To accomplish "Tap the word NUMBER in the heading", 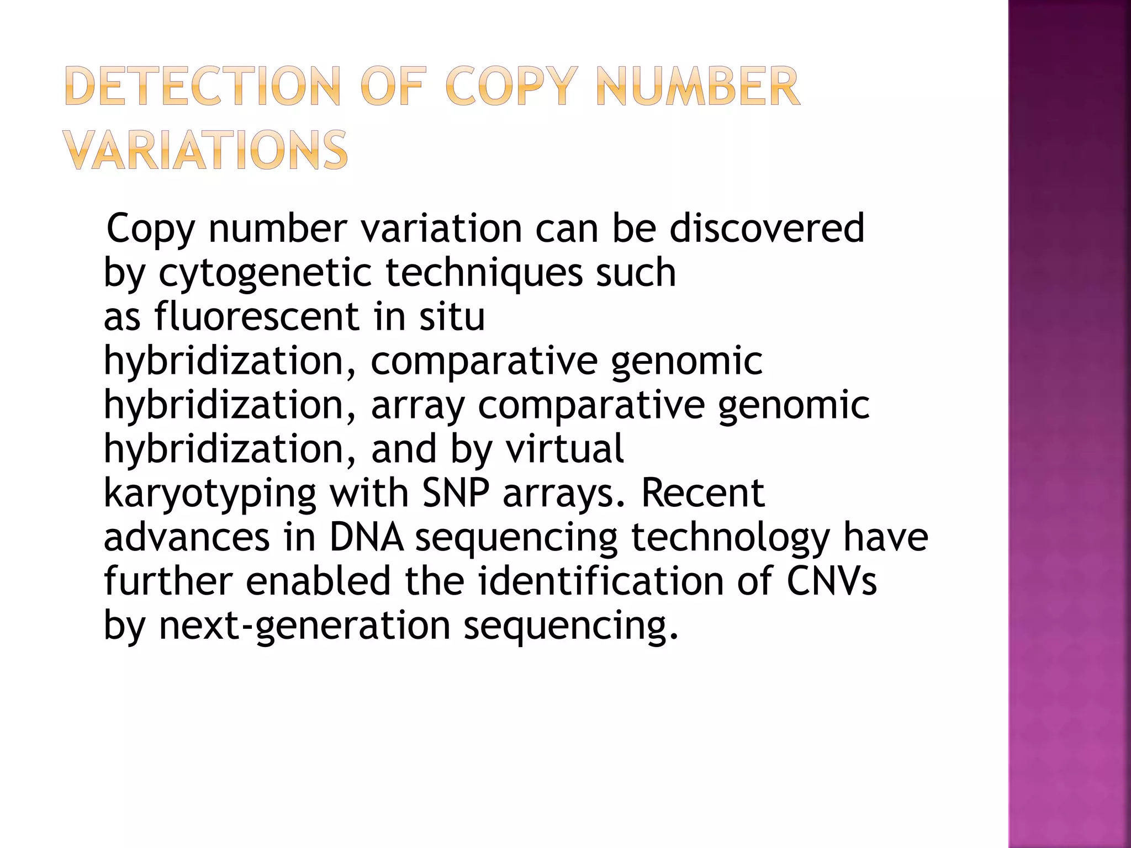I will [698, 87].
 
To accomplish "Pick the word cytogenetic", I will [265, 273].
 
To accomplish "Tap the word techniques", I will [483, 273].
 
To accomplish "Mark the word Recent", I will [702, 492].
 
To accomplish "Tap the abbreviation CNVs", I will [831, 581].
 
